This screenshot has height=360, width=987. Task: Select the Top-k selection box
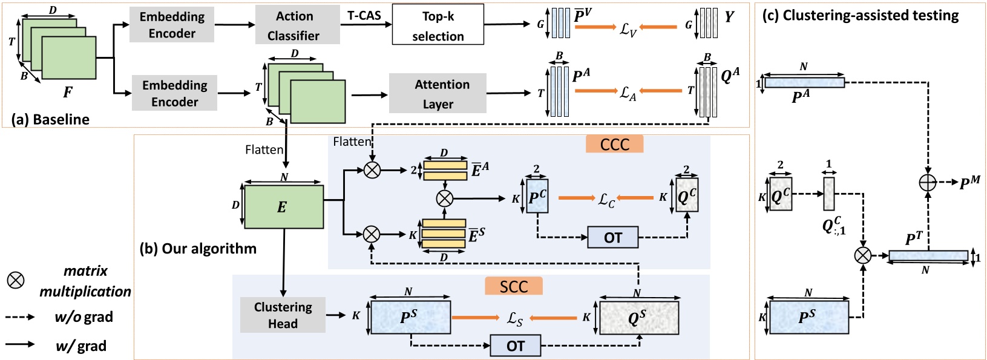pyautogui.click(x=438, y=25)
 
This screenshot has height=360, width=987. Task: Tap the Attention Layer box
pyautogui.click(x=438, y=93)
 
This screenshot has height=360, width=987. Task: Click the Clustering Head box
pyautogui.click(x=283, y=315)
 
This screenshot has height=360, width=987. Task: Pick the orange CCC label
pyautogui.click(x=614, y=144)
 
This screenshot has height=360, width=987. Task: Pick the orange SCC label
pyautogui.click(x=513, y=286)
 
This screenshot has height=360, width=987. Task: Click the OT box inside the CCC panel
pyautogui.click(x=612, y=237)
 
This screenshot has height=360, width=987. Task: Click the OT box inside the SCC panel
pyautogui.click(x=515, y=345)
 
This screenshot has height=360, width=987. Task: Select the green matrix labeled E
pyautogui.click(x=283, y=207)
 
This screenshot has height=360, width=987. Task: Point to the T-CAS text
pyautogui.click(x=364, y=16)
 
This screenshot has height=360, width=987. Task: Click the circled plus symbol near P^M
pyautogui.click(x=927, y=182)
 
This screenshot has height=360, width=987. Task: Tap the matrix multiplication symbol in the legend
pyautogui.click(x=15, y=280)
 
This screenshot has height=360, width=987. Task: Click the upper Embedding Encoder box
pyautogui.click(x=172, y=25)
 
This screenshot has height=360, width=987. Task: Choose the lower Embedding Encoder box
pyautogui.click(x=174, y=93)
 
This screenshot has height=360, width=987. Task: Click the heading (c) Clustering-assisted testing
pyautogui.click(x=861, y=16)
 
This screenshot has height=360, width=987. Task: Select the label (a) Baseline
pyautogui.click(x=50, y=119)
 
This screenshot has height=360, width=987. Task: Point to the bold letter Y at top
pyautogui.click(x=729, y=17)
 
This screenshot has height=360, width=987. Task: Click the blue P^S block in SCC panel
pyautogui.click(x=410, y=316)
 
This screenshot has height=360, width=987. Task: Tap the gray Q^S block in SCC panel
pyautogui.click(x=638, y=316)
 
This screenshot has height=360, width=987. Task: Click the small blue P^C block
pyautogui.click(x=537, y=196)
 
